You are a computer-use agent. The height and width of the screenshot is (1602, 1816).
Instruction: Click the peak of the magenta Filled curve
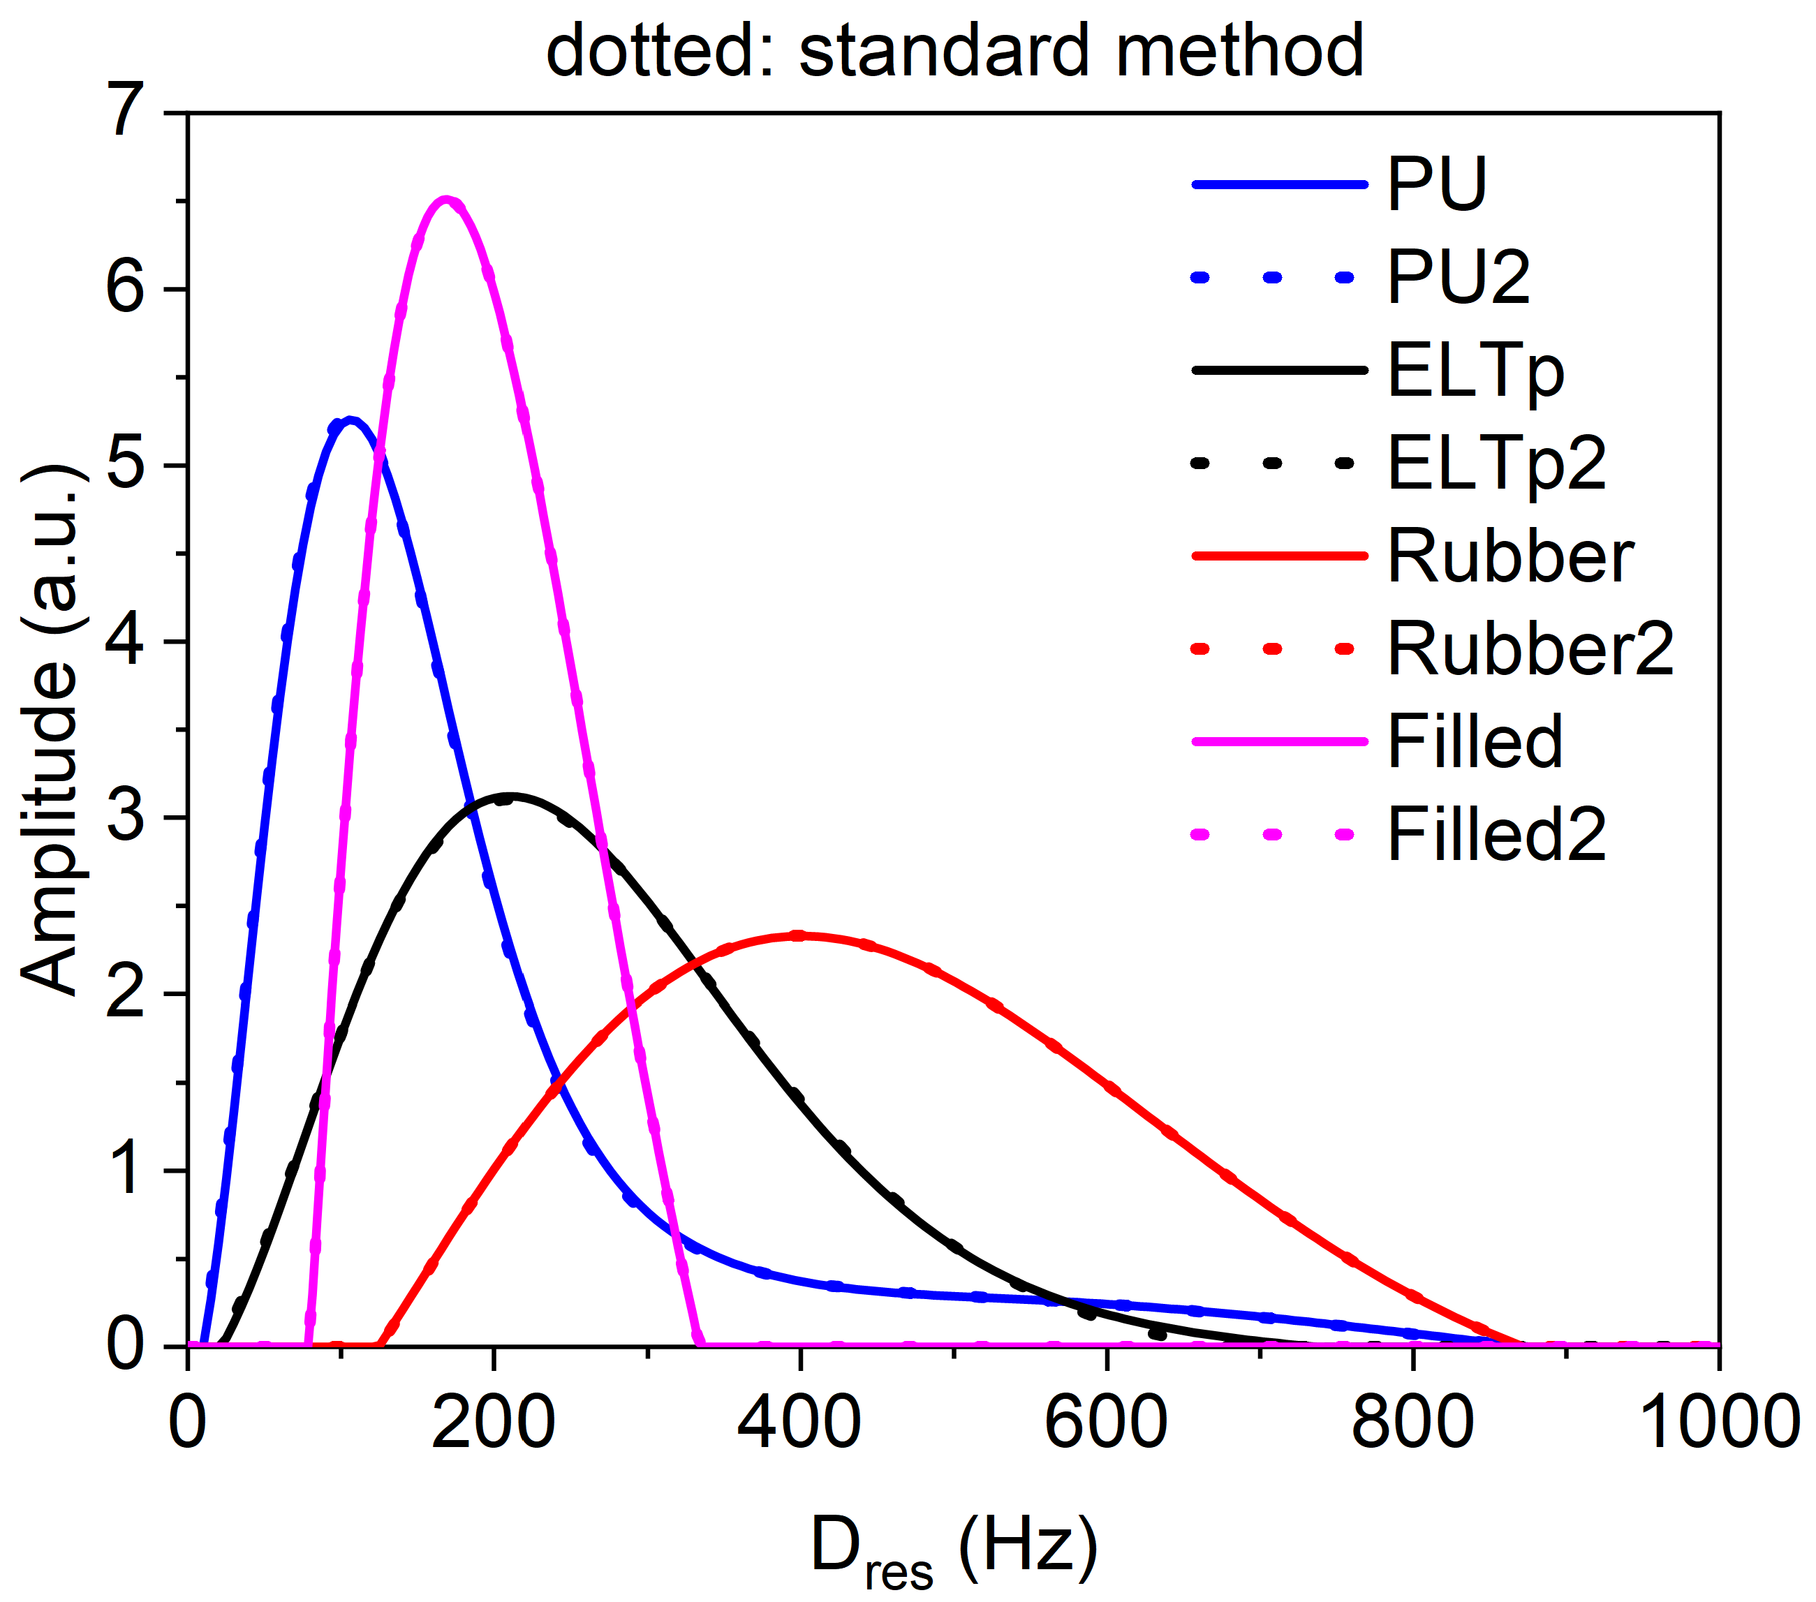point(447,201)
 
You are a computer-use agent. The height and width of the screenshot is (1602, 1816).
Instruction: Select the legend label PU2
point(1458,278)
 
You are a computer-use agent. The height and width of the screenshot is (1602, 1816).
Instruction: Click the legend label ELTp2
point(1496,463)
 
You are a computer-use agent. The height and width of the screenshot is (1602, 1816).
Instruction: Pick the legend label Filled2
point(1496,835)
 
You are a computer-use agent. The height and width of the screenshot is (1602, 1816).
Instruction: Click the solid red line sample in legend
point(1278,556)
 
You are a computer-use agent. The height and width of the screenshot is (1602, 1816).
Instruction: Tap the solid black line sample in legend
point(1278,370)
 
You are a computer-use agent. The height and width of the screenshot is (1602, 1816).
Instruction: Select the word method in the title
point(1239,51)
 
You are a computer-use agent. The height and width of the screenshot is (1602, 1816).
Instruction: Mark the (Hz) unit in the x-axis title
point(1029,1547)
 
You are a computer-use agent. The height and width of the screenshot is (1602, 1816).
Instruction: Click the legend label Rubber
point(1509,556)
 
